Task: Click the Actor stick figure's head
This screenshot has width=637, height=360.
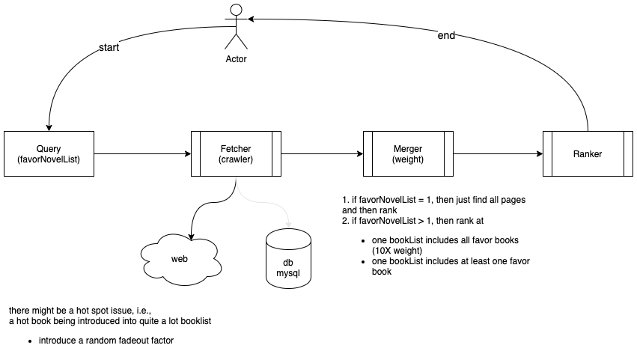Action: (x=236, y=10)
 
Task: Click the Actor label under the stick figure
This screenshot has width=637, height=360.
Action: (x=236, y=58)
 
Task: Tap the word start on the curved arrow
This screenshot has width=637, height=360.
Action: (x=109, y=49)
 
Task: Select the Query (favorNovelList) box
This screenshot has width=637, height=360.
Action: (x=49, y=154)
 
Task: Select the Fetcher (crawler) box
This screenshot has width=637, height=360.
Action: (x=236, y=154)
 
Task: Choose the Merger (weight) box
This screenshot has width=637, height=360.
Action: (x=408, y=154)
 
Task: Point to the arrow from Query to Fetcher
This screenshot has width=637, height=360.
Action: (x=142, y=155)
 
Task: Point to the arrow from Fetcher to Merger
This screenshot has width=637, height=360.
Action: (x=322, y=155)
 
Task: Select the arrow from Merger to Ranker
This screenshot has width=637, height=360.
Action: (x=498, y=155)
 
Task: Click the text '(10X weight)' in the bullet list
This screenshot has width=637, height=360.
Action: (x=397, y=250)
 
